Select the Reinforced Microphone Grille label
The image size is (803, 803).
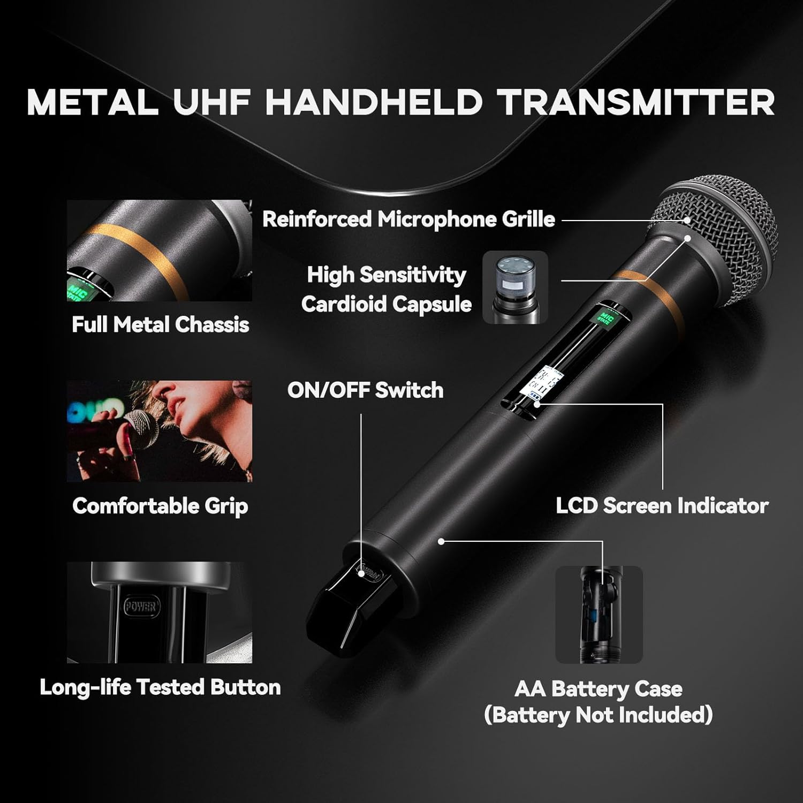[x=408, y=219]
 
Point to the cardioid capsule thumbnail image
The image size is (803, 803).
[x=515, y=287]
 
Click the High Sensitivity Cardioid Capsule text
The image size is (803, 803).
[x=387, y=289]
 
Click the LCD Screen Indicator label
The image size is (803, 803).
[x=662, y=506]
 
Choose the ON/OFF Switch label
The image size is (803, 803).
[x=365, y=390]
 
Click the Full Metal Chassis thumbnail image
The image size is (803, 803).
[x=159, y=251]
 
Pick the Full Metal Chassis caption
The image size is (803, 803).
[x=160, y=325]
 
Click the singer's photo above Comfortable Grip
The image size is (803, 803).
[x=159, y=431]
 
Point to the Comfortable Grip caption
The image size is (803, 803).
[x=160, y=506]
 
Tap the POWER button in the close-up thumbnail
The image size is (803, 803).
[x=140, y=607]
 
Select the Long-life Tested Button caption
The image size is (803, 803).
[x=160, y=687]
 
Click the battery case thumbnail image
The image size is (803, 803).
[x=599, y=615]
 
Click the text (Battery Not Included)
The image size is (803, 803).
[x=598, y=715]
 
